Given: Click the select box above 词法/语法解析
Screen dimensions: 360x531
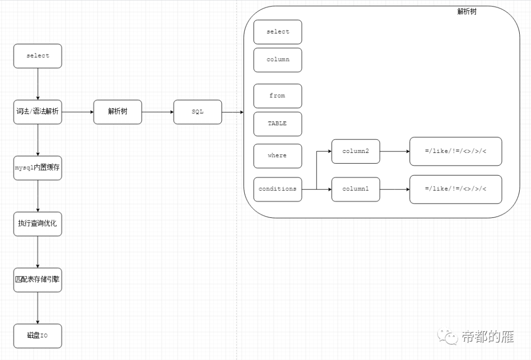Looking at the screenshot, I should (38, 56).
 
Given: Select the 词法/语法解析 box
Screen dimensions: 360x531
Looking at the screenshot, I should (38, 112).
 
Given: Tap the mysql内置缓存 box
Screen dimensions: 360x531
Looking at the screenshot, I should (38, 168).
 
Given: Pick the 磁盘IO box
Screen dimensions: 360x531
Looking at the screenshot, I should (38, 336).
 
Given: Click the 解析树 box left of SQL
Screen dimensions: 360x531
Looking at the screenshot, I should (118, 112).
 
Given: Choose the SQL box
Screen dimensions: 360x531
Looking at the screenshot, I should (198, 112).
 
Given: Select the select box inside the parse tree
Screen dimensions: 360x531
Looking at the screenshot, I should (278, 32).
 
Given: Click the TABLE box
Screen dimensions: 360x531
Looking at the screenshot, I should (278, 124).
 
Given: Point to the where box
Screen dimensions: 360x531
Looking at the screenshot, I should (278, 155).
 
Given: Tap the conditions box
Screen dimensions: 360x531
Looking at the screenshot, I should (278, 189).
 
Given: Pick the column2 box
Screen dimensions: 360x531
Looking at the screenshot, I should (355, 151).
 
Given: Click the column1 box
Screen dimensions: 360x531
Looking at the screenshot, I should (355, 189).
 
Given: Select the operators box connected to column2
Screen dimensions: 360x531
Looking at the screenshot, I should (456, 151).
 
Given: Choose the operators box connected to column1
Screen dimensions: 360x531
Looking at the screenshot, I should (456, 189).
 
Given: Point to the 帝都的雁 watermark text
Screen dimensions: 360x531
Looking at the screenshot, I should (488, 337).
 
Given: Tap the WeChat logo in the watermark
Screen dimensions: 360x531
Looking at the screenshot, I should (448, 336).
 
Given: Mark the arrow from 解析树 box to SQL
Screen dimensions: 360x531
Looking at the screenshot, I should (157, 112).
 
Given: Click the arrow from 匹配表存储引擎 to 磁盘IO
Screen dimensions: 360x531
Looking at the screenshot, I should (38, 308).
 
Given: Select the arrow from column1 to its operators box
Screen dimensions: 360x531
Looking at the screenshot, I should (394, 189).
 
